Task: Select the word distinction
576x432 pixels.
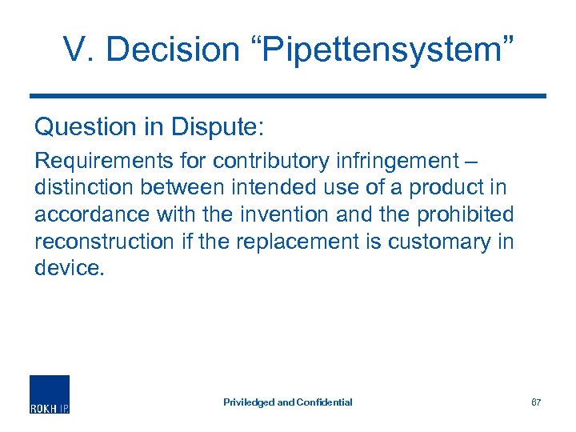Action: pyautogui.click(x=78, y=187)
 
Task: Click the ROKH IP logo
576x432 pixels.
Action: pyautogui.click(x=50, y=394)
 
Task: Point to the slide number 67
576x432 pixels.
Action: pyautogui.click(x=536, y=402)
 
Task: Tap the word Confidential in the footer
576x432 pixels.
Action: pyautogui.click(x=324, y=402)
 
